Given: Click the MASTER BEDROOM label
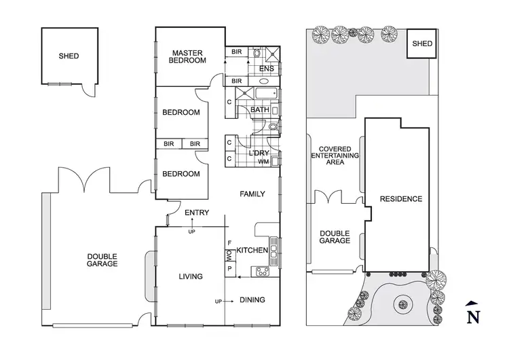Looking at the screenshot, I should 189,56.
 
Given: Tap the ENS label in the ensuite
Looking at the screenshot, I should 267,69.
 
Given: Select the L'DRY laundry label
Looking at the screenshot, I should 259,153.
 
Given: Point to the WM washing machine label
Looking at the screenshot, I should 263,162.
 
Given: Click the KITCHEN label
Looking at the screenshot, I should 252,251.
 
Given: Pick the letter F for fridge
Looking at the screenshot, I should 229,242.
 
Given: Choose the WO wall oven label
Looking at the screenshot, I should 229,255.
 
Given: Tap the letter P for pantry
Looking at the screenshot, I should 229,269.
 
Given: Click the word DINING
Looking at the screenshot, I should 252,300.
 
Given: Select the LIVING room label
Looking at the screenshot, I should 191,276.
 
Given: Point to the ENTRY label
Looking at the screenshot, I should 197,213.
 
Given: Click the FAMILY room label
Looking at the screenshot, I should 252,194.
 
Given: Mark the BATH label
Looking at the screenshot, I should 260,110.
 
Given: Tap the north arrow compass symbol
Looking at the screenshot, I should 474,312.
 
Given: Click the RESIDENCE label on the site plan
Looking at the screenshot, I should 401,199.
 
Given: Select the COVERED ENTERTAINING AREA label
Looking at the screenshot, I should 335,156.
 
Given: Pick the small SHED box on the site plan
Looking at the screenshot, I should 422,44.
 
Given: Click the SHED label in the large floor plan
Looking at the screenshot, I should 69,56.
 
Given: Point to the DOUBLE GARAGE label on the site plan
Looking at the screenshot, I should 335,236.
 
